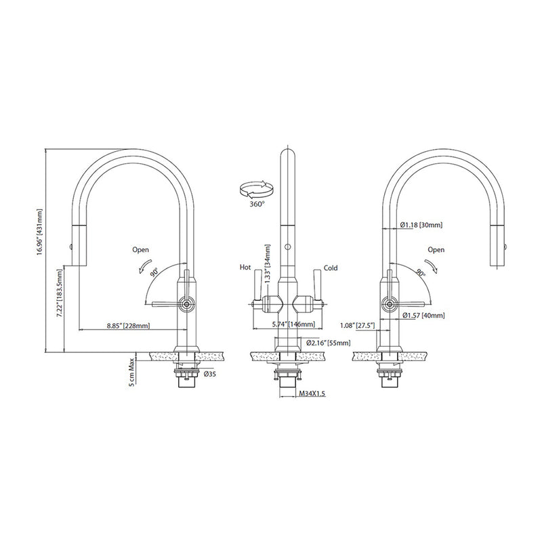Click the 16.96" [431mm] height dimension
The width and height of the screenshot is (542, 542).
(41, 230)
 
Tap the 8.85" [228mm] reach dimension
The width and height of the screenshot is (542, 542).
(128, 326)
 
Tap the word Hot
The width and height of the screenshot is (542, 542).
(245, 267)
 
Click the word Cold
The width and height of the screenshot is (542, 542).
(331, 267)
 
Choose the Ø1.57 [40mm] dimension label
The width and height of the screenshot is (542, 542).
(424, 315)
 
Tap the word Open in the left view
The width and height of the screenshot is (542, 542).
(141, 250)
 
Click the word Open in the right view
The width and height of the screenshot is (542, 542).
(436, 250)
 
